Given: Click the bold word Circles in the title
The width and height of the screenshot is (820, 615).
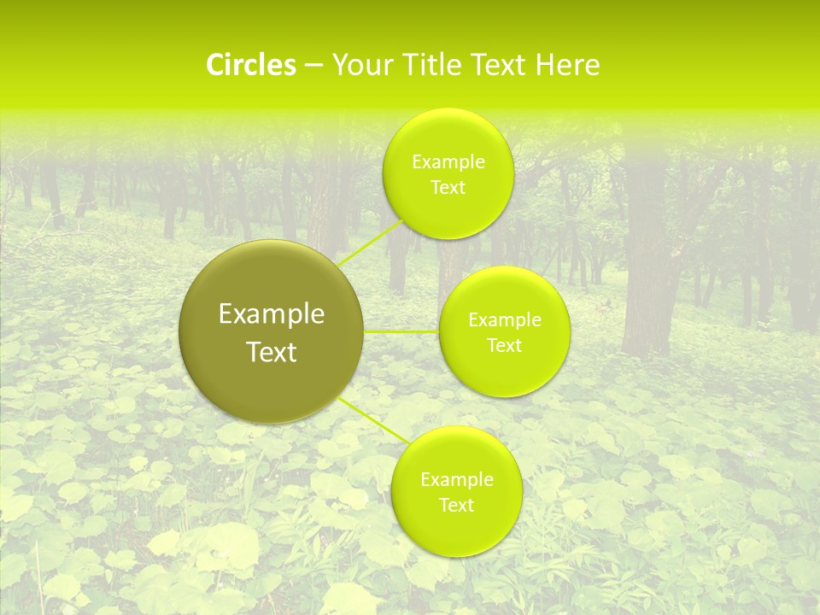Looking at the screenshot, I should [250, 65].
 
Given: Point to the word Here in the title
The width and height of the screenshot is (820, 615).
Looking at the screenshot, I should [567, 65].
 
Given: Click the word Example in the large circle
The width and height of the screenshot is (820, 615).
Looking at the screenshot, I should [272, 314].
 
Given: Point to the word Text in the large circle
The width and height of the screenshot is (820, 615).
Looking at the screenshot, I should [272, 352].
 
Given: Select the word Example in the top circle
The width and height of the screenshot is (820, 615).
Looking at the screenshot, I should [448, 162].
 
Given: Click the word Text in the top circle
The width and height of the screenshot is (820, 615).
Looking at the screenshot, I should [448, 188].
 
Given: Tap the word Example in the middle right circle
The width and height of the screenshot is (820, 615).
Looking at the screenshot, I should [505, 320].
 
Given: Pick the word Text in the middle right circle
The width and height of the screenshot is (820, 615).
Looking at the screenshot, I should [505, 346].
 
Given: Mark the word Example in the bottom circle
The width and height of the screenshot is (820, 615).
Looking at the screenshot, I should [456, 480].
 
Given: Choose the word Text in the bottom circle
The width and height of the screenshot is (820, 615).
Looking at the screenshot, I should [456, 506].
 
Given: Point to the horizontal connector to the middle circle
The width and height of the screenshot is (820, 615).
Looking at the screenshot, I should [401, 331].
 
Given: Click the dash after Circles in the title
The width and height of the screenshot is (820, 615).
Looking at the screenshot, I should [313, 65].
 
